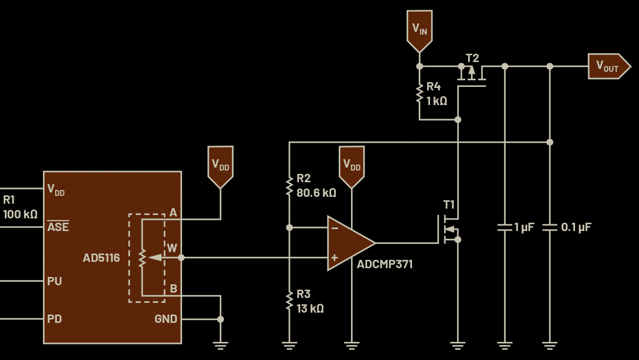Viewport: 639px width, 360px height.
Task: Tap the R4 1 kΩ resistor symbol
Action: point(419,93)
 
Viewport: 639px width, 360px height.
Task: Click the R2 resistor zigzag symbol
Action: point(289,186)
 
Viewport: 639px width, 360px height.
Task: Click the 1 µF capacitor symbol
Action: point(505,227)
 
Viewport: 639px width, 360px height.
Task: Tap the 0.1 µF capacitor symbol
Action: point(550,227)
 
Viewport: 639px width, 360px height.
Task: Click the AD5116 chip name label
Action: point(101,258)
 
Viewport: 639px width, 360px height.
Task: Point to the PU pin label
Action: point(54,281)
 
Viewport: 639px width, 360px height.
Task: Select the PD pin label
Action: point(54,319)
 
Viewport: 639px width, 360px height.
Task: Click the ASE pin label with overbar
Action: point(58,227)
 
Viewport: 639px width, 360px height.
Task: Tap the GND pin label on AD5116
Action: point(165,319)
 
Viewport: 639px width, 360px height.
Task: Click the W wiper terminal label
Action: point(172,248)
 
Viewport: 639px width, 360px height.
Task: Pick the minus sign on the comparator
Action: point(334,228)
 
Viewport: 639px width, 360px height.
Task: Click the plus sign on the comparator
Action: point(334,257)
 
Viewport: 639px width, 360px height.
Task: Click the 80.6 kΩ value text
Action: point(316,193)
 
